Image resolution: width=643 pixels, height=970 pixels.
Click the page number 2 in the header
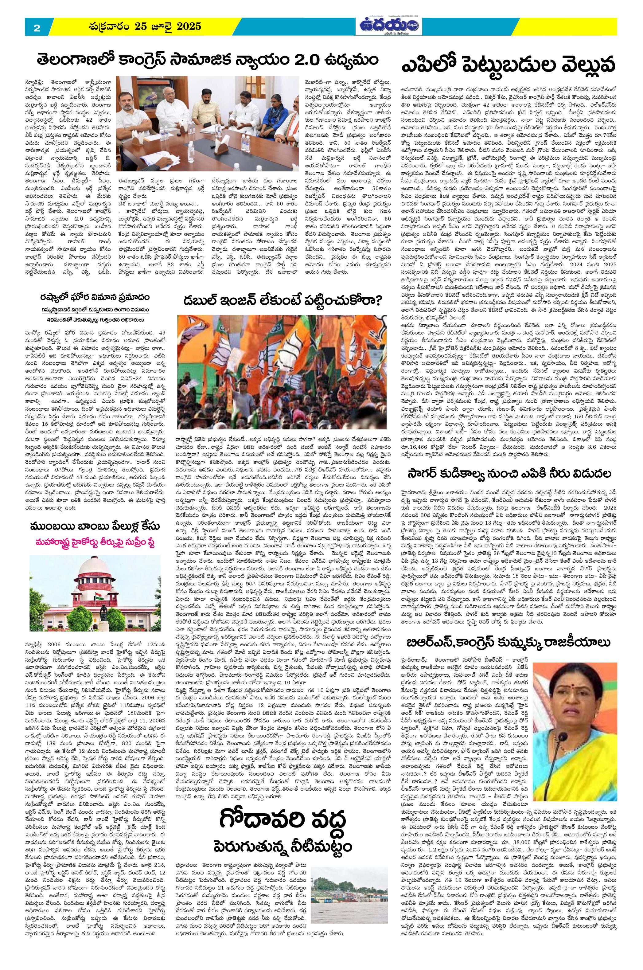[x=37, y=28]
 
